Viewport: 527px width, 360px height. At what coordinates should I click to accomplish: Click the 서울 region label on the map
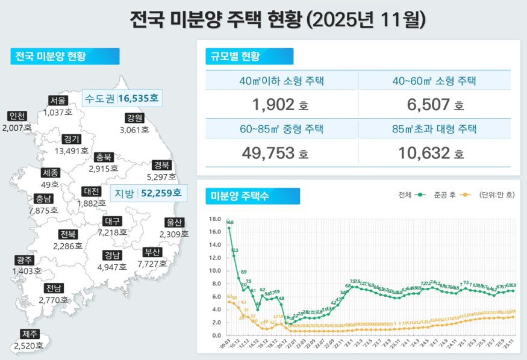(58, 101)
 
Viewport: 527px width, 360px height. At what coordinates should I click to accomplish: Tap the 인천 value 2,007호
(17, 128)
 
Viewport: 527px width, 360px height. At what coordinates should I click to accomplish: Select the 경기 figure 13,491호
(71, 151)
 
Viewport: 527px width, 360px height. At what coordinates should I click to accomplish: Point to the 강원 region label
(134, 118)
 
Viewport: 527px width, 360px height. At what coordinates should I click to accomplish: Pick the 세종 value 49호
(50, 184)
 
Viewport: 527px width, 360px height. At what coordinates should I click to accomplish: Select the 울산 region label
(173, 222)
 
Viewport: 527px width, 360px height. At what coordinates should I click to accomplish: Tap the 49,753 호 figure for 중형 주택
(275, 152)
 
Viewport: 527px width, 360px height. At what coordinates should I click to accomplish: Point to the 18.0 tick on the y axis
(216, 219)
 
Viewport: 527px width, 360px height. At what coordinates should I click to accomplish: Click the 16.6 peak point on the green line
(229, 228)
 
